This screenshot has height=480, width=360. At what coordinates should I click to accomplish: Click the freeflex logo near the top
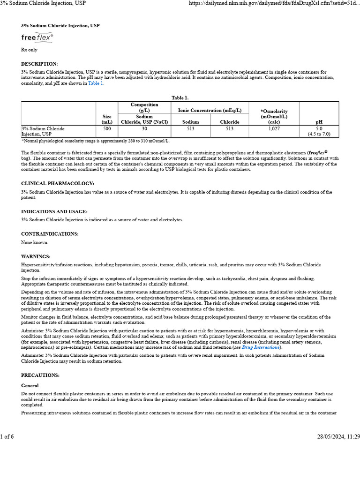coord(37,37)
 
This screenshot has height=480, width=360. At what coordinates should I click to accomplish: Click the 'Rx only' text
coord(29,50)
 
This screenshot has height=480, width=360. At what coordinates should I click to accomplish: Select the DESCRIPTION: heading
coord(39,64)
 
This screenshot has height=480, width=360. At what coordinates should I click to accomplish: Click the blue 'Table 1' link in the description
coord(96,83)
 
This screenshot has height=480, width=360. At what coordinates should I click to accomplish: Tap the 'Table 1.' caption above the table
coord(180,97)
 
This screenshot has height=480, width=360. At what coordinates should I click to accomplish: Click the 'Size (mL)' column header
coord(107,119)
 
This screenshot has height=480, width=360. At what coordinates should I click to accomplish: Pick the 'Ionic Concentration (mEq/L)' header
coord(210,110)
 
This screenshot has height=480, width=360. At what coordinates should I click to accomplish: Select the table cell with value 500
coord(107,128)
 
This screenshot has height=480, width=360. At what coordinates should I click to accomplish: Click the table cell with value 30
coord(144,128)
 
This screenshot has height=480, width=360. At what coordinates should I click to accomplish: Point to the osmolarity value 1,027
coord(274,128)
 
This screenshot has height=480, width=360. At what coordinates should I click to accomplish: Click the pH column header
coord(319,122)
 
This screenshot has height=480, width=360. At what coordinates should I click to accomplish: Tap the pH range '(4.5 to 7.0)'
coord(319,134)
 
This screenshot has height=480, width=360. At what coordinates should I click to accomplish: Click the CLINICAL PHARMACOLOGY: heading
coord(58,183)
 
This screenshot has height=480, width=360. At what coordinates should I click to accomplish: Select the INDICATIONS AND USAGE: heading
coord(54,212)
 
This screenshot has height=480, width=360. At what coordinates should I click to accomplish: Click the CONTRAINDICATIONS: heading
coord(50,234)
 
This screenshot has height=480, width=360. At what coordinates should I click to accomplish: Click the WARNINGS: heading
coord(36,257)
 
